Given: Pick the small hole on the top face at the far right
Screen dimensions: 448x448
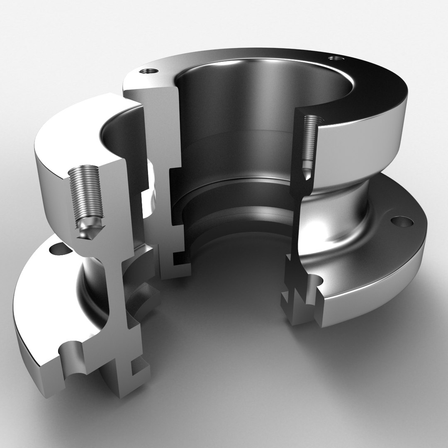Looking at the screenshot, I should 334,58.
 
